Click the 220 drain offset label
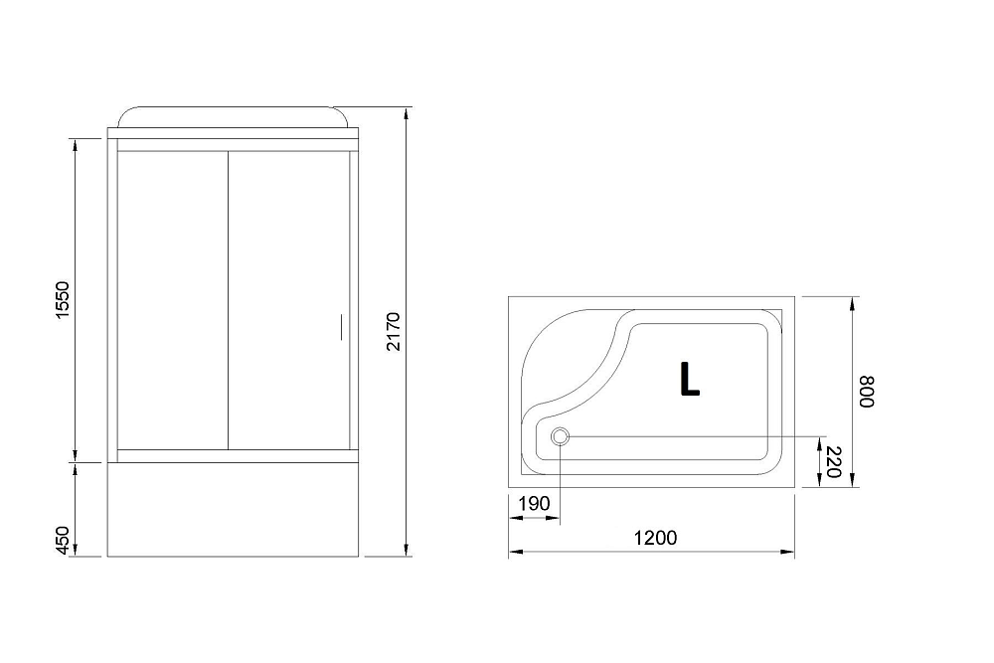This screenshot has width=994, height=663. (x=834, y=462)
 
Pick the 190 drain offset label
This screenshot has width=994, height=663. (x=535, y=504)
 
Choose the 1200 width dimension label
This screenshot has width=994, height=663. (x=654, y=538)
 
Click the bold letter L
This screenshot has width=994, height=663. (x=689, y=378)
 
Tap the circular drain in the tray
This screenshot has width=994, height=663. (x=560, y=436)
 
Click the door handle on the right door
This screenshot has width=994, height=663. (x=340, y=326)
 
